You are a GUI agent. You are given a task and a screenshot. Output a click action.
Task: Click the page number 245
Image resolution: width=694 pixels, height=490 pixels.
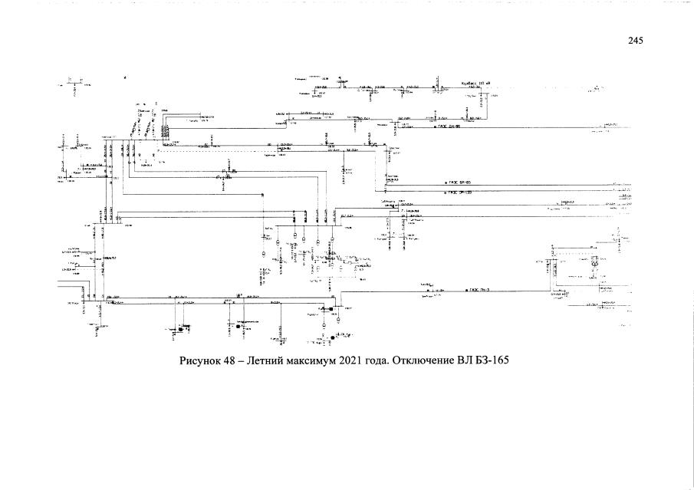click(x=634, y=41)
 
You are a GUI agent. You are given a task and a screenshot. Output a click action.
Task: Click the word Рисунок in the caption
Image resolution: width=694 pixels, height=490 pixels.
click(x=200, y=360)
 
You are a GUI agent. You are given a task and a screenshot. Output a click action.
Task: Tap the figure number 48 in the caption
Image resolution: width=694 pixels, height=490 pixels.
click(x=232, y=360)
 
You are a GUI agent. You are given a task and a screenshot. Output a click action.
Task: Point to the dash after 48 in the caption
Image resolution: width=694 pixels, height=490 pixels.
click(x=245, y=360)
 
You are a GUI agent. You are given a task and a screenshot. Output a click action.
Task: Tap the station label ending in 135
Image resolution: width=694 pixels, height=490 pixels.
click(x=460, y=192)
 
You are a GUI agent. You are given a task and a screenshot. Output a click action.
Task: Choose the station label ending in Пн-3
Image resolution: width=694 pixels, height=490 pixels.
click(x=480, y=291)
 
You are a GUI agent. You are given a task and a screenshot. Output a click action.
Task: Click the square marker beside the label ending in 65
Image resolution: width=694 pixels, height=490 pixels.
click(x=446, y=183)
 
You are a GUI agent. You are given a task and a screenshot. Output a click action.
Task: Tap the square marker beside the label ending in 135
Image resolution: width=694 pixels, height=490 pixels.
click(x=446, y=192)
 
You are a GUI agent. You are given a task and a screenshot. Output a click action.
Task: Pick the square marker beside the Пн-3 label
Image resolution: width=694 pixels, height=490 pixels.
click(x=466, y=291)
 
